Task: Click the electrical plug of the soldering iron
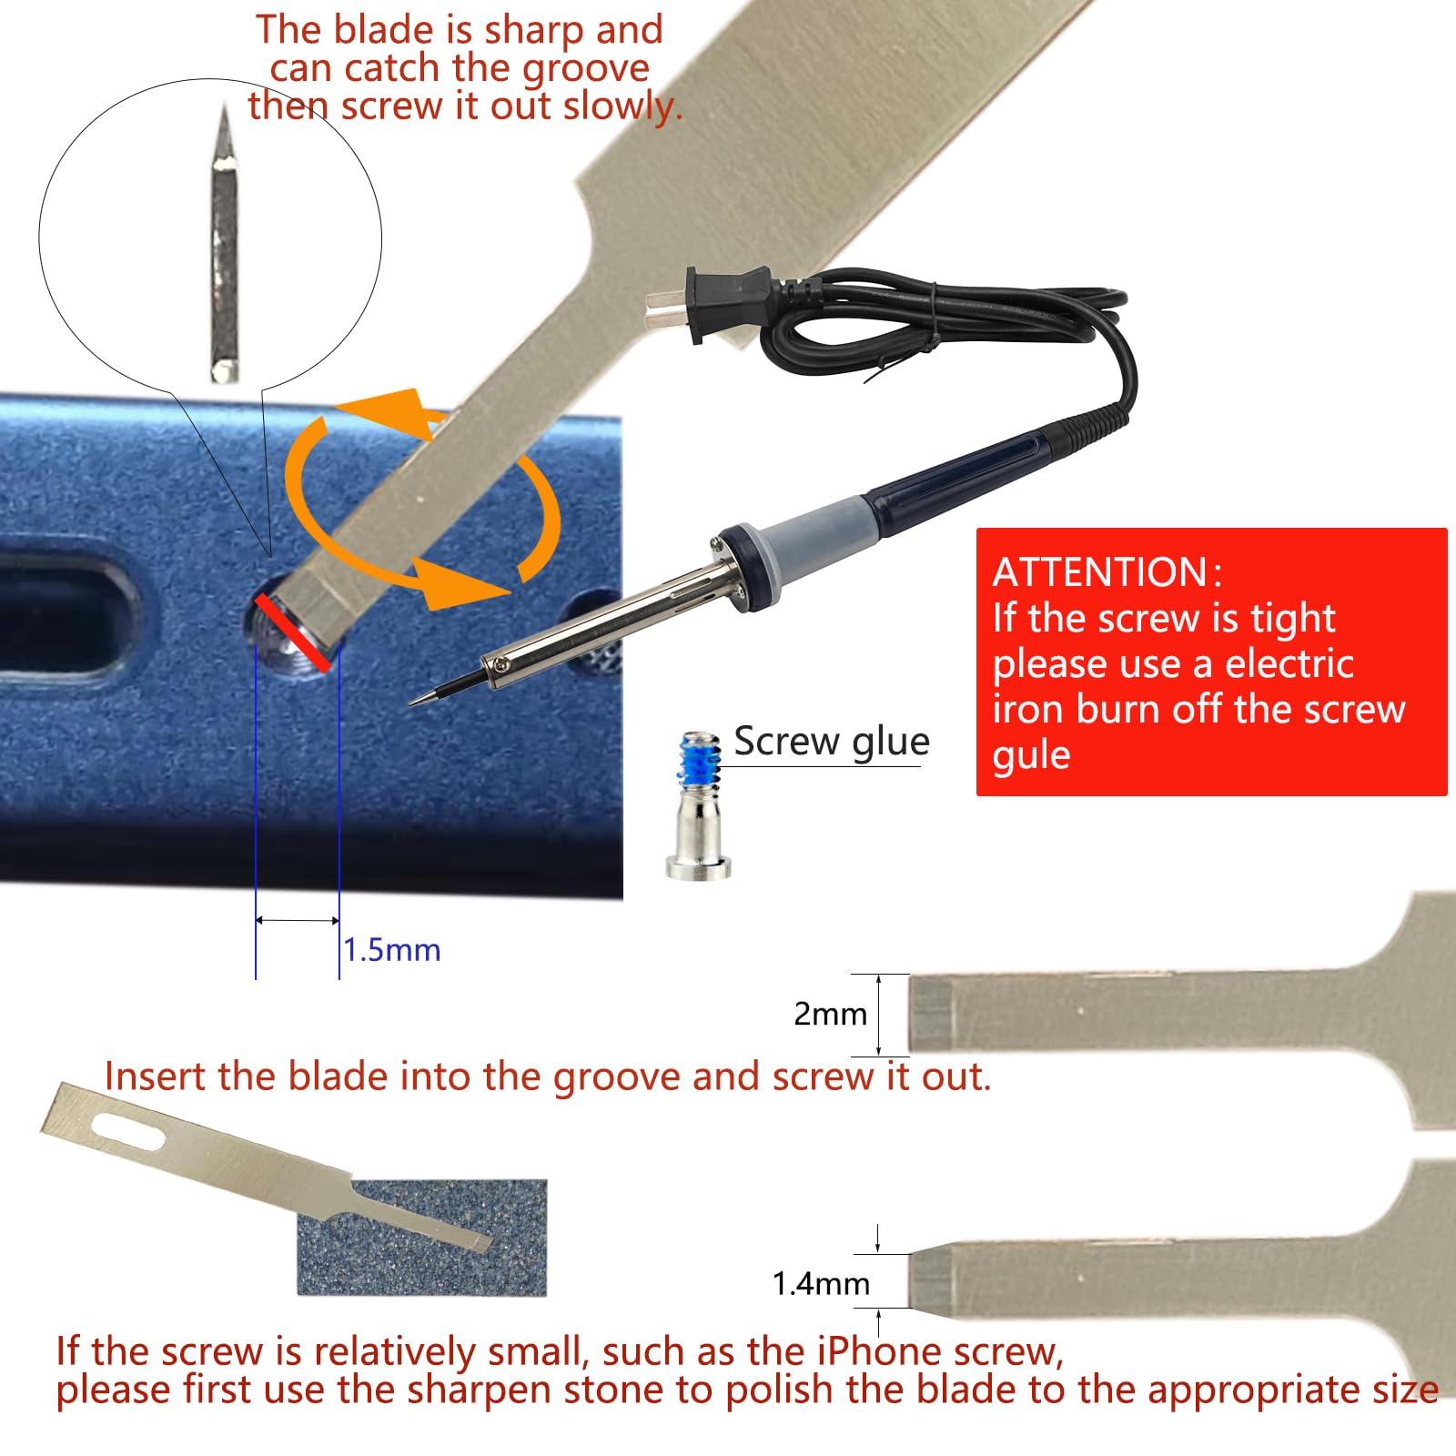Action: tap(719, 302)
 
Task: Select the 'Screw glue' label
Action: tap(832, 743)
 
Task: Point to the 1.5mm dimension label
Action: tap(392, 950)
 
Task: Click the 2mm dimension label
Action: tap(830, 1014)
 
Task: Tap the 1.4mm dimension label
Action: tap(821, 1284)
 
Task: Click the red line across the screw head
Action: tap(293, 632)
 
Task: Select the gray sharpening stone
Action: tap(422, 1238)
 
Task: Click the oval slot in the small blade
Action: tap(128, 1131)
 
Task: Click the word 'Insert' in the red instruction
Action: tap(155, 1077)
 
